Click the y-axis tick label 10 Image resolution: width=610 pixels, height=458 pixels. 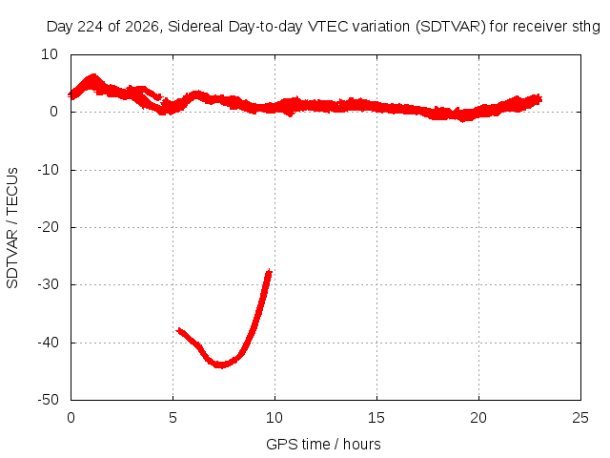pos(50,54)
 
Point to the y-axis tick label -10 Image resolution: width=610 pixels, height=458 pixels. pos(48,170)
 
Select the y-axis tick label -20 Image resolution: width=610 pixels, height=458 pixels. pos(48,227)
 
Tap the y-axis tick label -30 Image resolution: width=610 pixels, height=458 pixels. pos(48,284)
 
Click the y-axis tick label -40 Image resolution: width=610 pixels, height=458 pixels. pos(48,343)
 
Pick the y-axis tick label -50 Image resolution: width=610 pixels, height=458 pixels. pos(48,400)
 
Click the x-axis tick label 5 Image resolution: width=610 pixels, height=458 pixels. pos(173,418)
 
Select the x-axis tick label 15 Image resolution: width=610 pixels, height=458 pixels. pos(376,418)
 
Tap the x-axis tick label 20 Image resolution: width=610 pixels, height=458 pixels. pos(478,418)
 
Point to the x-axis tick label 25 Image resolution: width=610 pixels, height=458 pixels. pos(580,418)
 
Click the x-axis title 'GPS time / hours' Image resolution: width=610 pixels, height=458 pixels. pos(323,445)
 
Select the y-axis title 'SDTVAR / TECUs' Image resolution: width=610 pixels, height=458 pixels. pos(12,228)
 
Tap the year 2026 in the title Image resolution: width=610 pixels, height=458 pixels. pos(142,27)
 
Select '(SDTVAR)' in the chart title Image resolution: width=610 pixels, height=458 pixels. pos(451,27)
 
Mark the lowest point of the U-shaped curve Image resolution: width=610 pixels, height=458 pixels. pos(220,365)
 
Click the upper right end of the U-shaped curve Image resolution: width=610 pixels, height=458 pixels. pos(269,270)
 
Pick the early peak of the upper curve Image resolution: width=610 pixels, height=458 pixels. pos(93,75)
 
